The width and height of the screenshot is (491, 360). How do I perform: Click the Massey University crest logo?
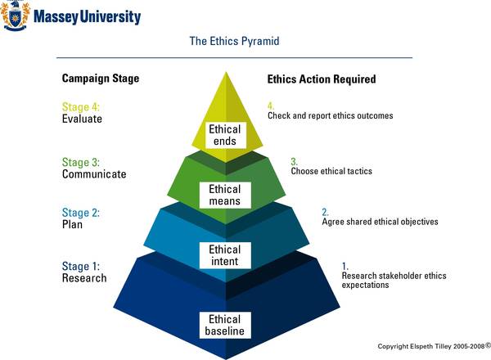(x=15, y=16)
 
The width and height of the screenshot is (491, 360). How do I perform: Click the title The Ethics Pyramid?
(x=234, y=41)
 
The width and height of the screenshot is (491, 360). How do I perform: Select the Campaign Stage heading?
(x=101, y=79)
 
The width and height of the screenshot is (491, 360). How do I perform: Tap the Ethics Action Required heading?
(x=322, y=79)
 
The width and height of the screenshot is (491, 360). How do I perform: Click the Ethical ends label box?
(x=225, y=135)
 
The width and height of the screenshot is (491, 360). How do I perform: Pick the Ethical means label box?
(x=225, y=195)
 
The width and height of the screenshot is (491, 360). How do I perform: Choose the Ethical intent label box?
(x=225, y=255)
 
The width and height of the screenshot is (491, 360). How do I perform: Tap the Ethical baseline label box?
(x=225, y=325)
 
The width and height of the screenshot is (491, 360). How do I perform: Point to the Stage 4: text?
(x=81, y=106)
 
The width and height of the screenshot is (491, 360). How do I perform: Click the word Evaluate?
(x=82, y=119)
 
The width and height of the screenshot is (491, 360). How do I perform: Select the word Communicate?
(x=94, y=174)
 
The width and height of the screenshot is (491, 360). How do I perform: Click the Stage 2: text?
(x=81, y=213)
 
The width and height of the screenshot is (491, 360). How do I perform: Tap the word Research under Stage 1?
(x=84, y=278)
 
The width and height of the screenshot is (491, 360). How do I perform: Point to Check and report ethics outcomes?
(x=331, y=115)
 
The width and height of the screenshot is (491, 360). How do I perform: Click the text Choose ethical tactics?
(x=331, y=171)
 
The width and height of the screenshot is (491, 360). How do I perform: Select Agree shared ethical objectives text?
(x=381, y=222)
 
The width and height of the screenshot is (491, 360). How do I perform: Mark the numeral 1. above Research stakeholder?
(x=345, y=267)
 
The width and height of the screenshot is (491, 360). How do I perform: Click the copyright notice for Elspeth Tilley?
(x=434, y=346)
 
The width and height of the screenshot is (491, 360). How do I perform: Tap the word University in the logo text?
(x=110, y=16)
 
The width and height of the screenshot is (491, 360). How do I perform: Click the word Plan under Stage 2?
(x=72, y=224)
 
